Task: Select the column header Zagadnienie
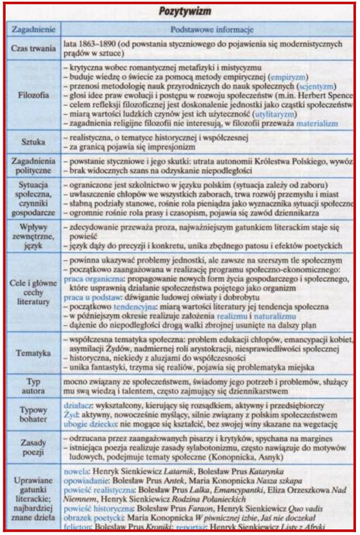[x=32, y=29]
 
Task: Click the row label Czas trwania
[x=32, y=49]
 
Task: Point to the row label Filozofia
[x=32, y=93]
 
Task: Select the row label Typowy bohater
[x=32, y=414]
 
